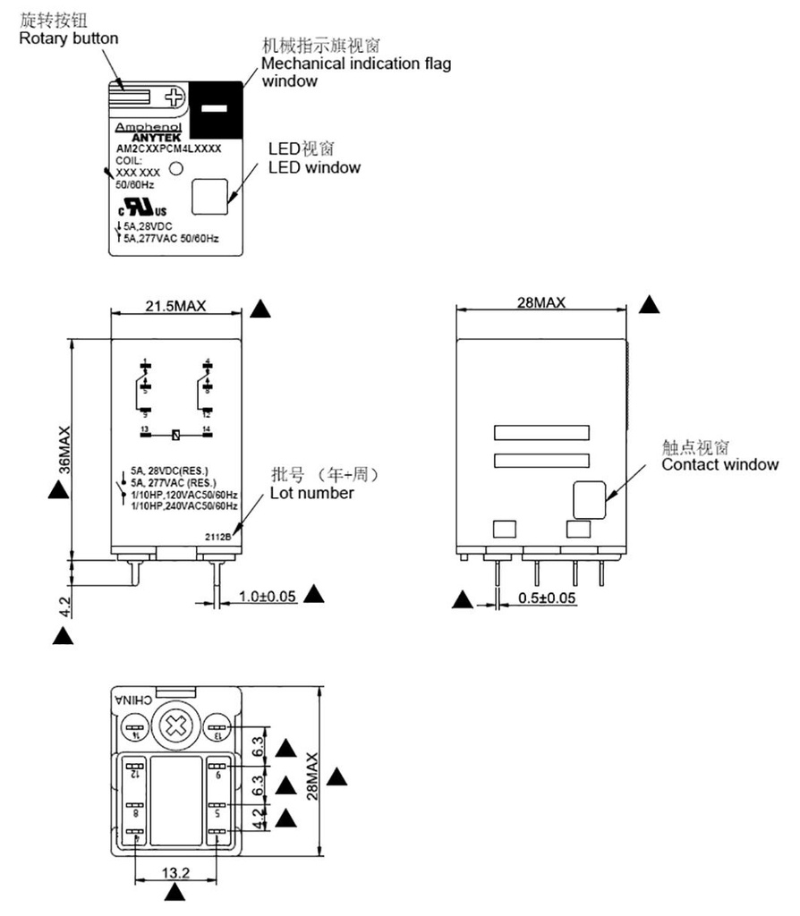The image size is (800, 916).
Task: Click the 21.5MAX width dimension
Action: pyautogui.click(x=175, y=306)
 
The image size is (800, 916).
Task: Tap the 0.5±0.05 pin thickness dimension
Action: pyautogui.click(x=548, y=598)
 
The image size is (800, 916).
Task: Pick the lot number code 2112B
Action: pyautogui.click(x=218, y=537)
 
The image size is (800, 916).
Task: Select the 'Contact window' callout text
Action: pyautogui.click(x=719, y=464)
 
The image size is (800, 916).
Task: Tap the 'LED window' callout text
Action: pyautogui.click(x=314, y=167)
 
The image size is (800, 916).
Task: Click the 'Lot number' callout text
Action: pyautogui.click(x=311, y=493)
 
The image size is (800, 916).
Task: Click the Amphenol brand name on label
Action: pyautogui.click(x=147, y=127)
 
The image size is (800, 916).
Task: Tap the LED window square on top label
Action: pyautogui.click(x=209, y=196)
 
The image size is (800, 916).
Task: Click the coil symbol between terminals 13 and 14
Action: pyautogui.click(x=176, y=436)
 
